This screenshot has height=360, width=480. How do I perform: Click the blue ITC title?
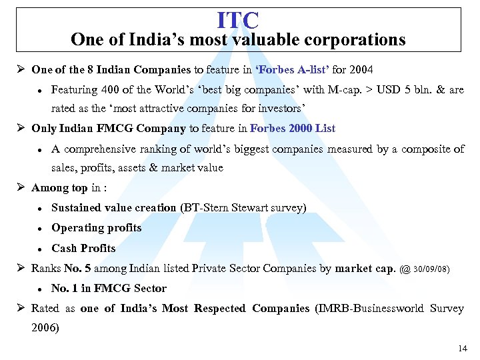click(238, 19)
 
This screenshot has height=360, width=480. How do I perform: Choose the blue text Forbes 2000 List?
click(293, 128)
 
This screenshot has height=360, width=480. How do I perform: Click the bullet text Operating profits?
click(97, 228)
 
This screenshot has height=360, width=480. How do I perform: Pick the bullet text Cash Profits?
click(83, 248)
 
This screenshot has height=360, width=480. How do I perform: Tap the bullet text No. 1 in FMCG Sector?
click(109, 288)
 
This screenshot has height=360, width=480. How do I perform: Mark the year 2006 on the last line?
click(45, 327)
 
